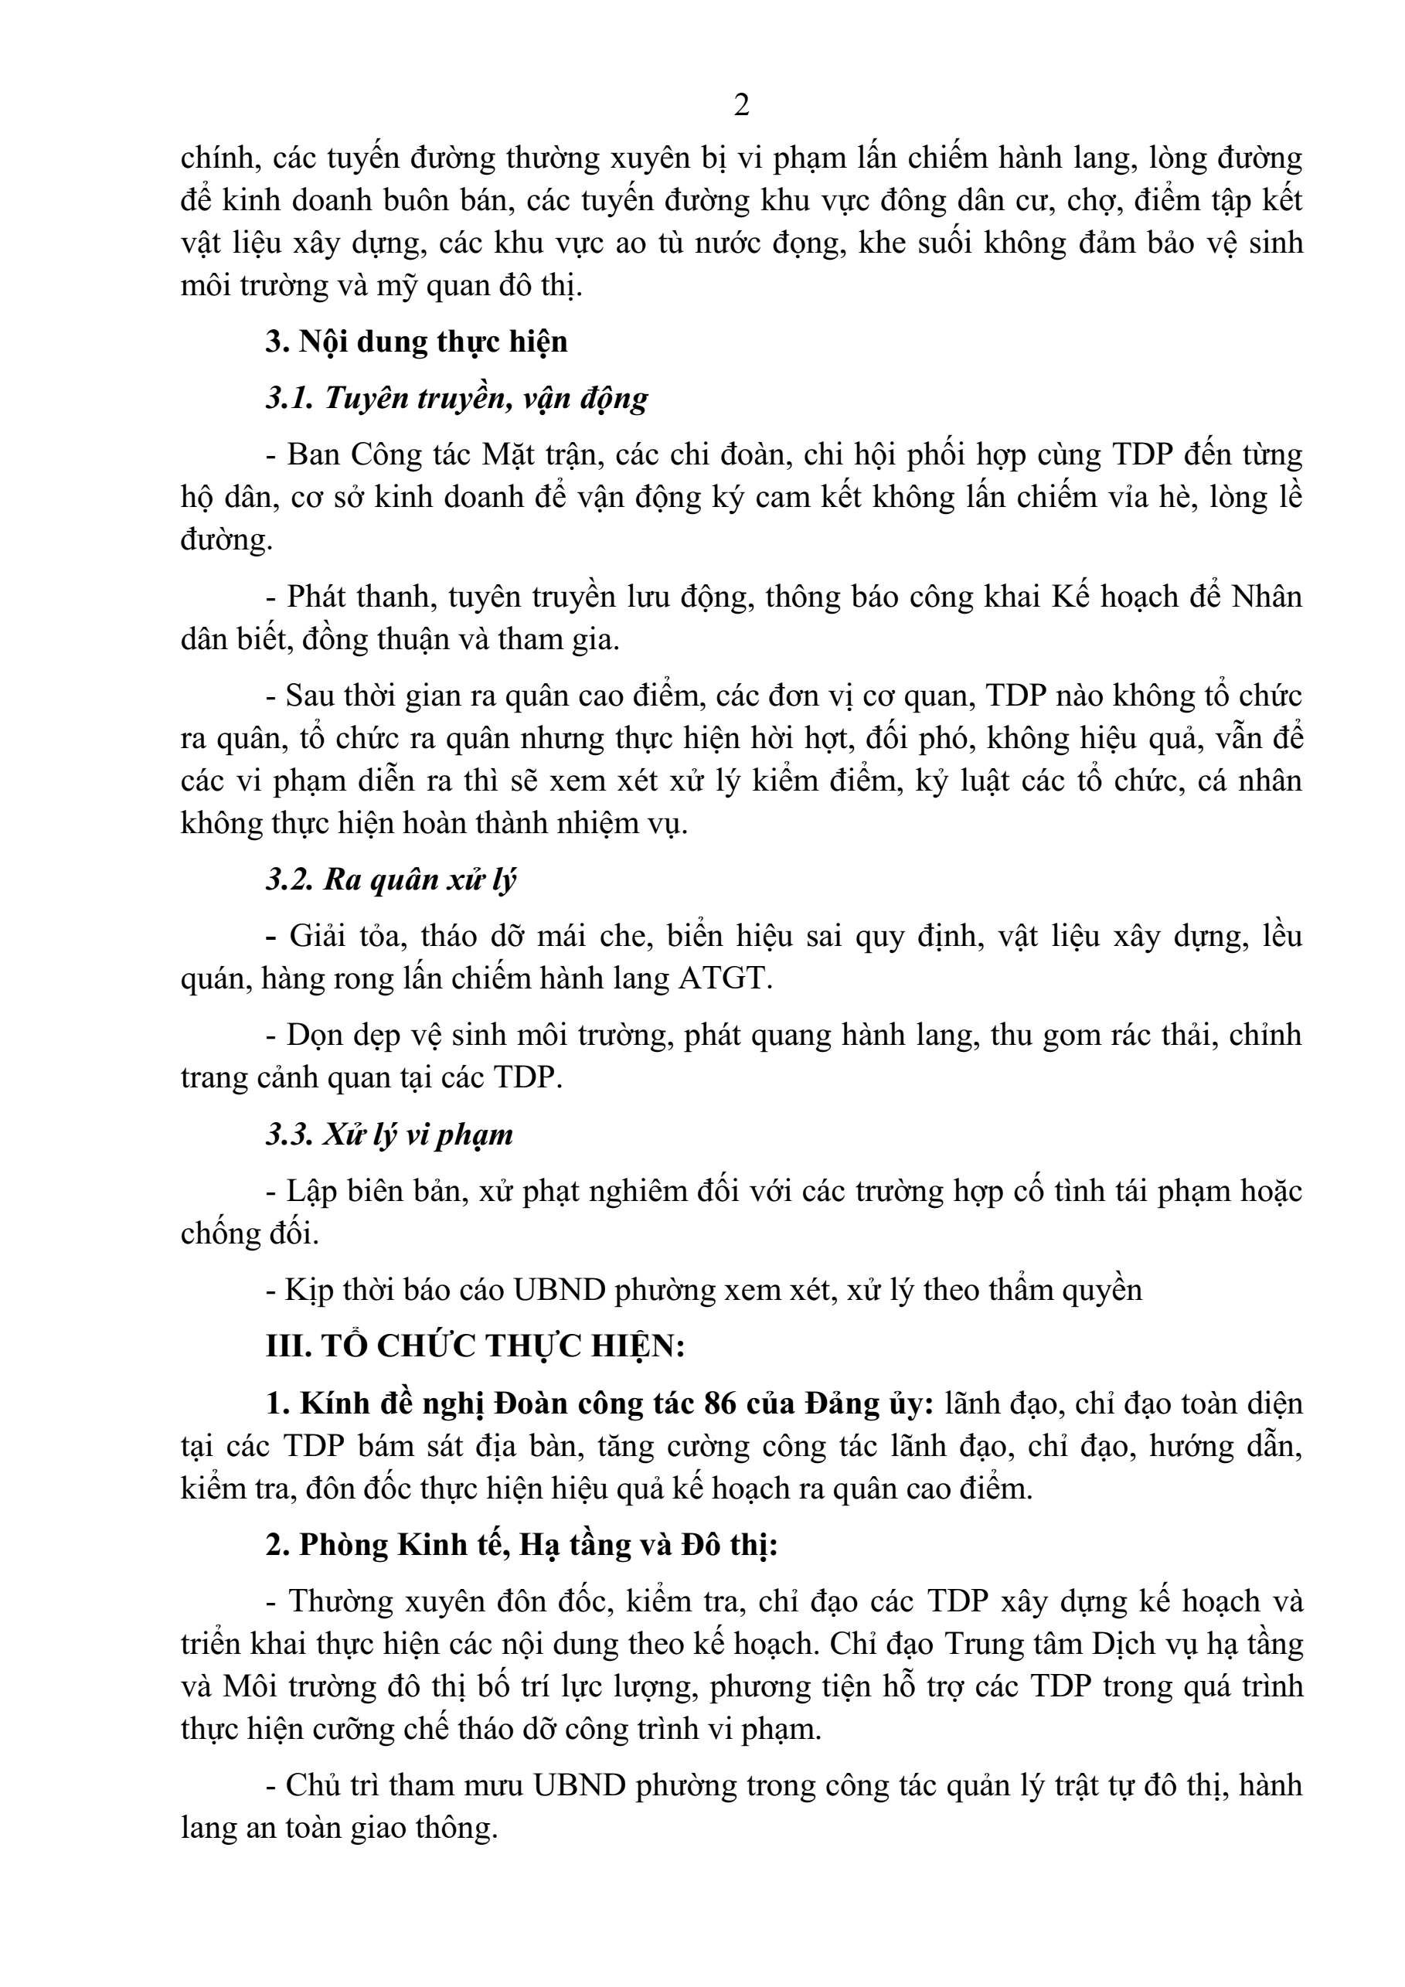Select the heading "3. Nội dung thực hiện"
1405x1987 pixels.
(416, 342)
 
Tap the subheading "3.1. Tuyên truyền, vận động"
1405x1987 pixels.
(457, 398)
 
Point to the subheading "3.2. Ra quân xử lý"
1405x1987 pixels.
(390, 880)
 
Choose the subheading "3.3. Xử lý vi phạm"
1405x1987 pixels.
(390, 1134)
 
